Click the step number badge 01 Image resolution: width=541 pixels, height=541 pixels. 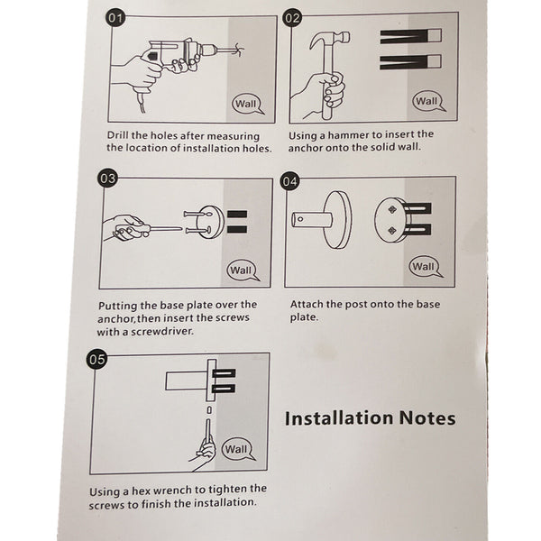point(115,18)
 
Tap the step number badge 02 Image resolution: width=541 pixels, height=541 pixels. point(292,18)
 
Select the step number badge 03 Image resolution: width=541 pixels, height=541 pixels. point(107,179)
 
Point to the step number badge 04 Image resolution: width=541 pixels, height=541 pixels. point(289,181)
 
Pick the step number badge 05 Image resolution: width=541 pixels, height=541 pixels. point(96,359)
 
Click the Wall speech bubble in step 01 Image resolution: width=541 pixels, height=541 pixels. point(247,104)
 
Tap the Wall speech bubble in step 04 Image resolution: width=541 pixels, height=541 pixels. point(425,267)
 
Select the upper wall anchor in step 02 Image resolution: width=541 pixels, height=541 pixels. point(410,36)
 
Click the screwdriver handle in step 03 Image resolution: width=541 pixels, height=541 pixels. point(130,228)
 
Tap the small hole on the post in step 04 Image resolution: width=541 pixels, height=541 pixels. point(300,219)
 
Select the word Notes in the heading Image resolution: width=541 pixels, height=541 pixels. point(427,418)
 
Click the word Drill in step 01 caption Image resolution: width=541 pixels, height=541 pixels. point(117,135)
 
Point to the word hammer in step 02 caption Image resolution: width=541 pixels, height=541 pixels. point(348,135)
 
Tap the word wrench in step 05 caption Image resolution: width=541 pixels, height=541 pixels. point(172,490)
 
